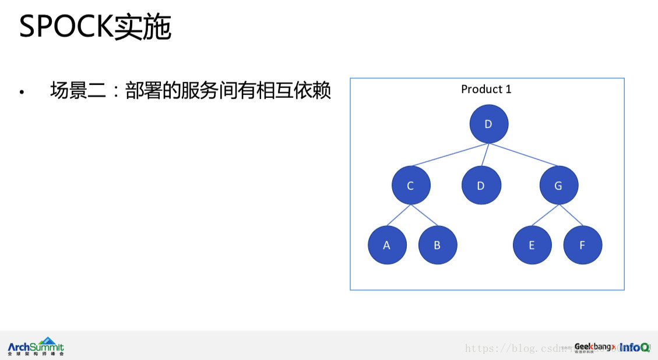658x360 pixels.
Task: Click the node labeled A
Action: [387, 245]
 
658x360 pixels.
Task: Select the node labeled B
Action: [438, 245]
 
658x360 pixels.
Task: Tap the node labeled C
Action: [411, 186]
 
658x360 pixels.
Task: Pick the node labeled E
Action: [532, 245]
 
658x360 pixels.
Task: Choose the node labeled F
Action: [583, 245]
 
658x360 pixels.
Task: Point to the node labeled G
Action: [559, 186]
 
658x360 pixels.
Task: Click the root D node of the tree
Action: [489, 124]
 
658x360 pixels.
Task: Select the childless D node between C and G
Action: [481, 186]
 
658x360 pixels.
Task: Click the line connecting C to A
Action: [399, 216]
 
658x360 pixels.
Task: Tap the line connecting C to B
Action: [424, 216]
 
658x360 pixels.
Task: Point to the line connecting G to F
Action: [571, 216]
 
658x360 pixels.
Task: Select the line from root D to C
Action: [449, 155]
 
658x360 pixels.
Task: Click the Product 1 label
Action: [486, 89]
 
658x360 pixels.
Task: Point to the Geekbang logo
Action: [593, 347]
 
